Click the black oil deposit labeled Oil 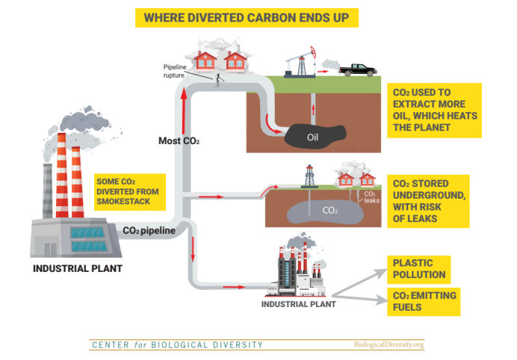point(313,136)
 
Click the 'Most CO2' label point(179,140)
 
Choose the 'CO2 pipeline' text point(149,231)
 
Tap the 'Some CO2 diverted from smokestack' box point(128,190)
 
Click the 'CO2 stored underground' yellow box point(430,201)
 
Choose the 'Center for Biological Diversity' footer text point(177,345)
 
